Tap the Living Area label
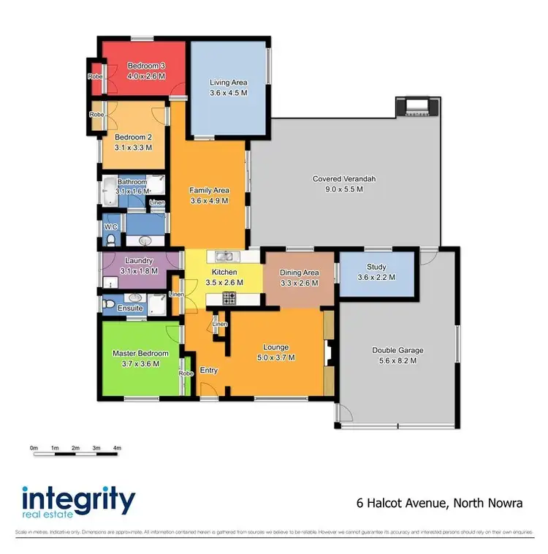(228, 83)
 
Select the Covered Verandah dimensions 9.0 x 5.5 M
(338, 189)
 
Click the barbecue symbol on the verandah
(416, 108)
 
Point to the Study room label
(376, 267)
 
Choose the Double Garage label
(396, 350)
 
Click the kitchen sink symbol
(224, 256)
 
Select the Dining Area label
(300, 273)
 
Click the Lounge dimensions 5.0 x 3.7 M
(275, 357)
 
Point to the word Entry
(209, 371)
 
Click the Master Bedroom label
(140, 354)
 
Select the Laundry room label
(139, 261)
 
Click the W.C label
(110, 227)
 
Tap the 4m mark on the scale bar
(117, 447)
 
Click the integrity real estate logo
(79, 504)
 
